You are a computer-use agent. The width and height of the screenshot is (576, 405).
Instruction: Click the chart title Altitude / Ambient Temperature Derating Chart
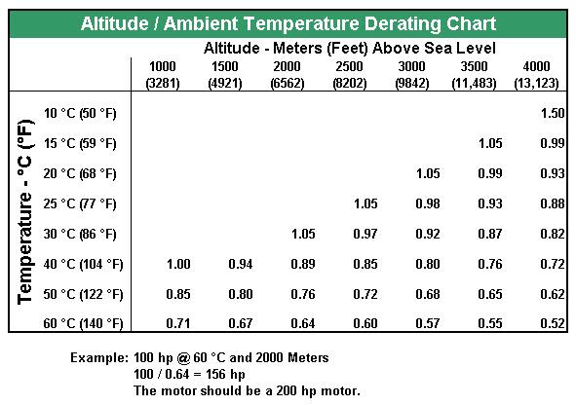(x=288, y=23)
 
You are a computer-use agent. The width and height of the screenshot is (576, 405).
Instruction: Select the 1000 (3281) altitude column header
(x=163, y=75)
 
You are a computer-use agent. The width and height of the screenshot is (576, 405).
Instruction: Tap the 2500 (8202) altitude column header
(x=349, y=75)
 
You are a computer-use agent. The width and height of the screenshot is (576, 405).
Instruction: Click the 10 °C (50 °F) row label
(x=80, y=113)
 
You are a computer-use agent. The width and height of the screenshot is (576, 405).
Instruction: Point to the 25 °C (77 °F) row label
(x=80, y=203)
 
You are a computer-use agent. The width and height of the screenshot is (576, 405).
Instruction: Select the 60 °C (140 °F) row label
(x=83, y=323)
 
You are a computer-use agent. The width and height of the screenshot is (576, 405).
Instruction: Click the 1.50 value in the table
(x=553, y=113)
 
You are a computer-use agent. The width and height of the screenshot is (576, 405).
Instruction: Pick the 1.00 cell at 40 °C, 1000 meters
(x=178, y=264)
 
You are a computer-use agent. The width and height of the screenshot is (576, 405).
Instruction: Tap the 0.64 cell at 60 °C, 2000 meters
(x=303, y=323)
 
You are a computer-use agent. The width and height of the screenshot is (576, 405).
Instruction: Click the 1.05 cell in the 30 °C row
(x=303, y=234)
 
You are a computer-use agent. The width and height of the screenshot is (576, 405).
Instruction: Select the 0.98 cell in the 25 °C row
(x=428, y=203)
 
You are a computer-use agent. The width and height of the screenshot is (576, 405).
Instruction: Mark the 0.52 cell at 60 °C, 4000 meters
(x=553, y=323)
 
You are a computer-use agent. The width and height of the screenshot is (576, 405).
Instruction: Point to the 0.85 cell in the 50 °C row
(x=178, y=294)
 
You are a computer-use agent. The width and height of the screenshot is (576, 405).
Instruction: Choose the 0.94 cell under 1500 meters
(x=241, y=264)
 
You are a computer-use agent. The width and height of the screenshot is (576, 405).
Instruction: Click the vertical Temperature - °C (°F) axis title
(x=25, y=211)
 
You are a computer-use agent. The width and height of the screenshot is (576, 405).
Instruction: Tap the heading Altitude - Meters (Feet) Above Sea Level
(x=350, y=48)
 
